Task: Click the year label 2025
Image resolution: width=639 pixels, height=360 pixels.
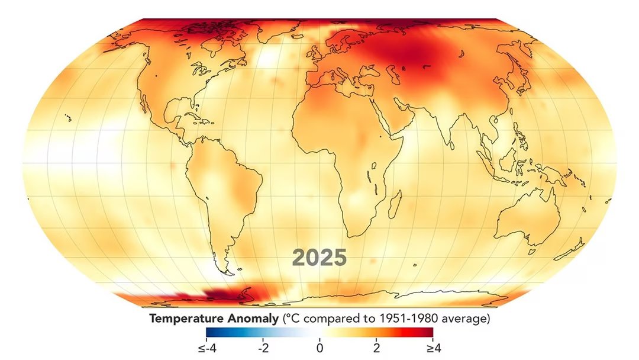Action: (319, 258)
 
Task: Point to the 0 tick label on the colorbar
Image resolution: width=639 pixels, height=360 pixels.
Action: (319, 348)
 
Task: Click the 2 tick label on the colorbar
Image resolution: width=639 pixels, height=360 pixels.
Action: (376, 348)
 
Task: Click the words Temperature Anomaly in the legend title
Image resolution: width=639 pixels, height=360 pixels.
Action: (214, 319)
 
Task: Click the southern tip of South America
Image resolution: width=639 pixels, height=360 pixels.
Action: (224, 271)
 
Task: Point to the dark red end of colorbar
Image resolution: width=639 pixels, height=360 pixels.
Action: (428, 332)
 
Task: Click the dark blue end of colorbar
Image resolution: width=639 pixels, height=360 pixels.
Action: (211, 332)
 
